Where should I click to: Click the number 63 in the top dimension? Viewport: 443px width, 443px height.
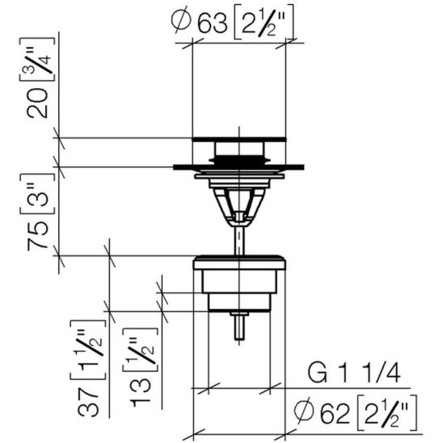[212, 23]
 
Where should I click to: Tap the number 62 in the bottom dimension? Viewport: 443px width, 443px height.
[335, 414]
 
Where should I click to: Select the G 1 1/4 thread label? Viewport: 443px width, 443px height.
[354, 373]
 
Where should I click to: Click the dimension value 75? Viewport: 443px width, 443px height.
[37, 235]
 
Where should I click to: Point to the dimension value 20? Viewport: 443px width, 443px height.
[37, 103]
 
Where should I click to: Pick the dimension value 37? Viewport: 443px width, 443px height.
[88, 403]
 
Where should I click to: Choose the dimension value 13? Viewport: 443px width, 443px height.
[141, 392]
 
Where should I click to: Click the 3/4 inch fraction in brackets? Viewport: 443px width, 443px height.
[38, 60]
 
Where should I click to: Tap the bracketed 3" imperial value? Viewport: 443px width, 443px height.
[38, 194]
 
